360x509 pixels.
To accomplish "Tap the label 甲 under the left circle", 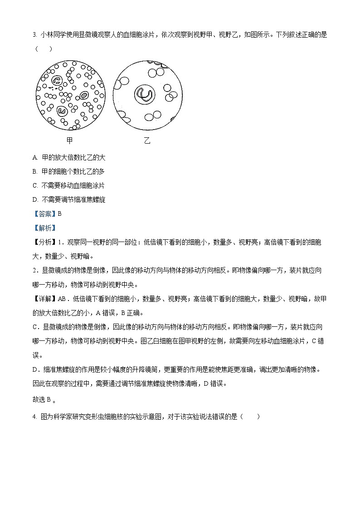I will click(69, 140).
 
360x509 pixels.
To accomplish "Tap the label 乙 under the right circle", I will click(147, 141).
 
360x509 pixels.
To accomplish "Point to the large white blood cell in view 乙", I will click(145, 94).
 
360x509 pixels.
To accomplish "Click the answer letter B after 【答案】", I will click(59, 214).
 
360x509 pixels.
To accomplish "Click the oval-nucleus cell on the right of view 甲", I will click(84, 96).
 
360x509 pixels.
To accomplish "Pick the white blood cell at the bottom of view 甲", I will click(61, 111).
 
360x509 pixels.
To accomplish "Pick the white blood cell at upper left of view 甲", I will click(57, 81).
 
